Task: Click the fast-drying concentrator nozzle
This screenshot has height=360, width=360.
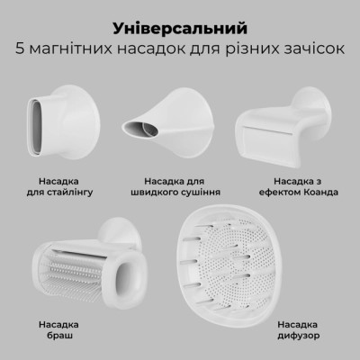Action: [x=176, y=122]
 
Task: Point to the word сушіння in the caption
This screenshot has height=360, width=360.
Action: [x=204, y=193]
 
